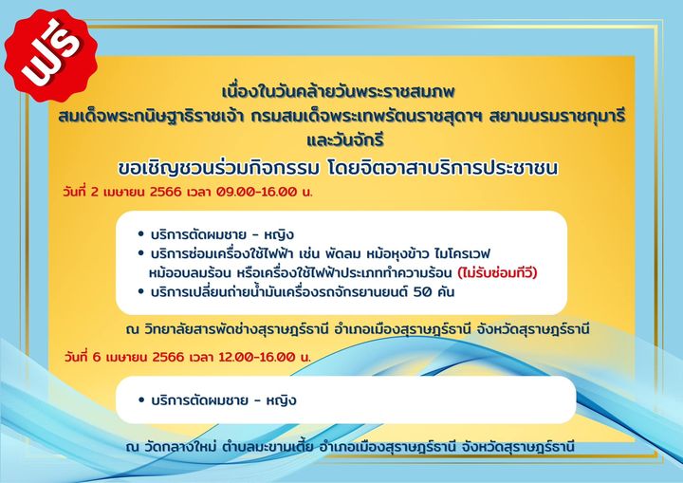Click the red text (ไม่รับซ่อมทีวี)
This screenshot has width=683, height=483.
click(x=497, y=272)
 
